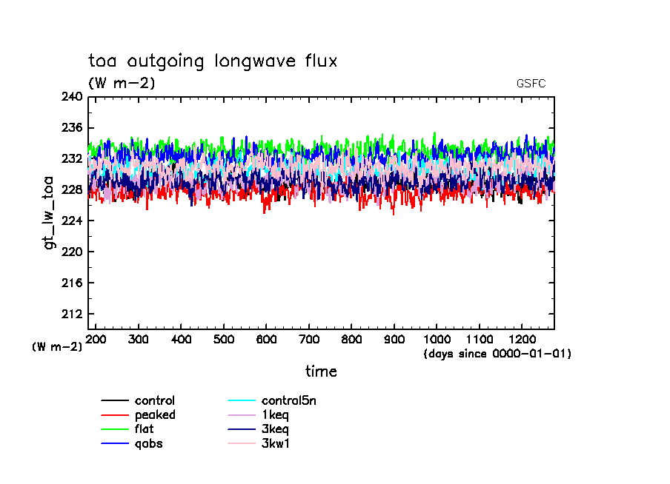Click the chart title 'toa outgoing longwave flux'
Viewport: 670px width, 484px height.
coord(213,61)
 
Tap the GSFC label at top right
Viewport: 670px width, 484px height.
coord(531,84)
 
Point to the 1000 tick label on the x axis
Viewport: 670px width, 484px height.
coord(437,339)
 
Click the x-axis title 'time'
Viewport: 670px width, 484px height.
coord(321,372)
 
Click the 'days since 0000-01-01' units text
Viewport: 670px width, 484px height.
coord(497,354)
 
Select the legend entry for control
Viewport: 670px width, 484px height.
coord(154,401)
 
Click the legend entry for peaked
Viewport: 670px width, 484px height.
coord(154,415)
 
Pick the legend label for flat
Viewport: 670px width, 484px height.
coord(144,429)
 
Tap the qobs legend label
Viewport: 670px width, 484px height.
coord(148,444)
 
